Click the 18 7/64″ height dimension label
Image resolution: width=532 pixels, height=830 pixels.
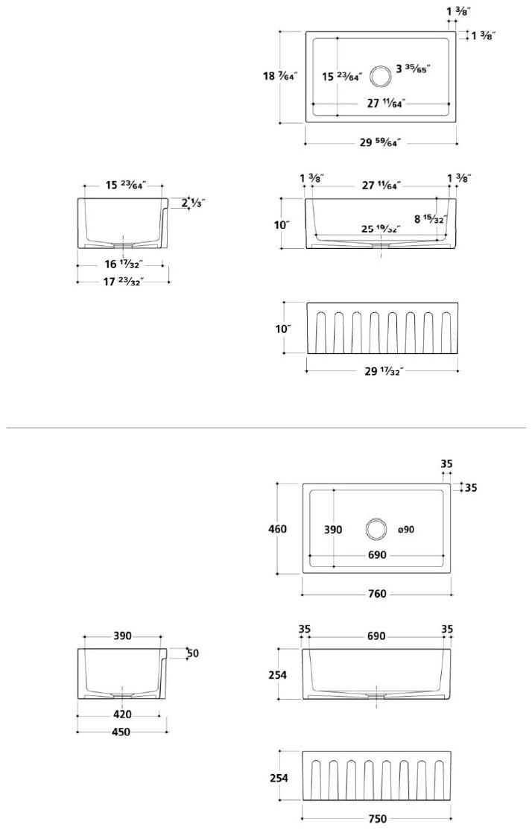coord(280,75)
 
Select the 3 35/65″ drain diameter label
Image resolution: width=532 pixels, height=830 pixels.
coord(413,69)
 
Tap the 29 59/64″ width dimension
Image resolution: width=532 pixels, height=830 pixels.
coord(381,143)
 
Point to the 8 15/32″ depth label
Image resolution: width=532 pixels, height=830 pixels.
coord(429,219)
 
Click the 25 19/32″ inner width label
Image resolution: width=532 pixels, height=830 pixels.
coord(380,229)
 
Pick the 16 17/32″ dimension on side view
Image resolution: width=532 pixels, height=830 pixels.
coord(123,264)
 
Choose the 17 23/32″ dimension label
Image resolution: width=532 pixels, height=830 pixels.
coord(124,282)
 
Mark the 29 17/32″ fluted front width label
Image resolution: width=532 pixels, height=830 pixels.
coord(383,371)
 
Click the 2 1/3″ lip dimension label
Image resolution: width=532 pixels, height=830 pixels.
coord(193,202)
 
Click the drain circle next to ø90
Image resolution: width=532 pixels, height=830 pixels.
coord(376,529)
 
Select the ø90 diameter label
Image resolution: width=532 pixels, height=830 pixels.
coord(406,530)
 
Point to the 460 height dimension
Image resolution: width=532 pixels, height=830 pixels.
coord(277,529)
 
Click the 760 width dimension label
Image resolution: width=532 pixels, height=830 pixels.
coord(378,594)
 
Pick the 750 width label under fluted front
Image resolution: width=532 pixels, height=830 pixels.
coord(378,819)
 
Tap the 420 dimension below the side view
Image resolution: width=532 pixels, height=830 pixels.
coord(122,715)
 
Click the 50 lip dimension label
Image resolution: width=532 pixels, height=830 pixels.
coord(193,653)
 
